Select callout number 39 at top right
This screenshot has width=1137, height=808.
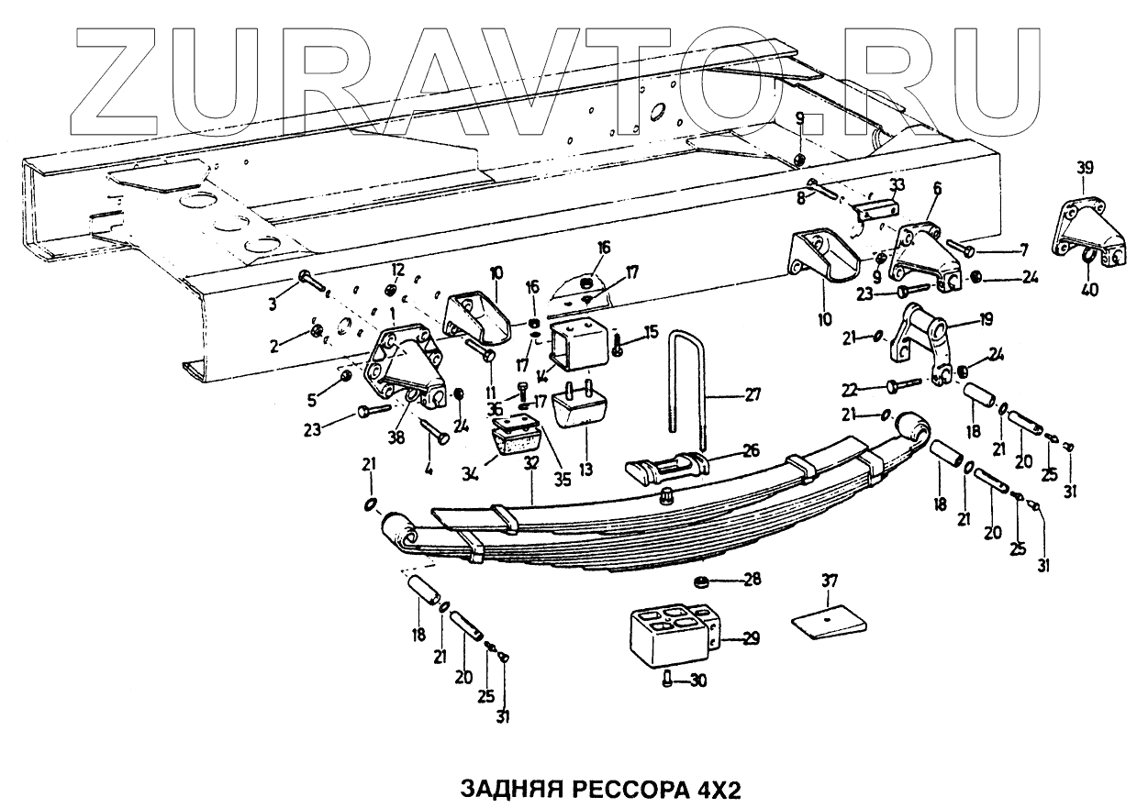click(x=1086, y=168)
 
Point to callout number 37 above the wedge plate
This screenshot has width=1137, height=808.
click(x=829, y=580)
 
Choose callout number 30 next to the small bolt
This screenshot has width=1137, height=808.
click(x=698, y=680)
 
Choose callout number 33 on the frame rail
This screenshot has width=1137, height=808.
click(x=897, y=184)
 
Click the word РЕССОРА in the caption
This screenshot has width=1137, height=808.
click(x=626, y=791)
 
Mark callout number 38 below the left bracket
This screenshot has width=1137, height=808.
click(x=396, y=438)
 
